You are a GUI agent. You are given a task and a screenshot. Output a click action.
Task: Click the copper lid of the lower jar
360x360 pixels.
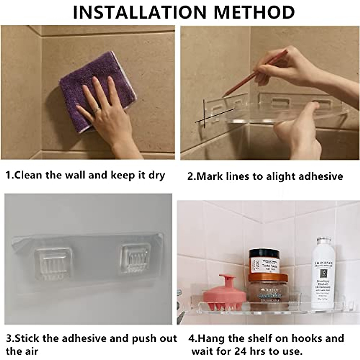[264, 277]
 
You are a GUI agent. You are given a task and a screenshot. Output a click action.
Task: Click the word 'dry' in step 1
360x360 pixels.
[157, 175]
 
